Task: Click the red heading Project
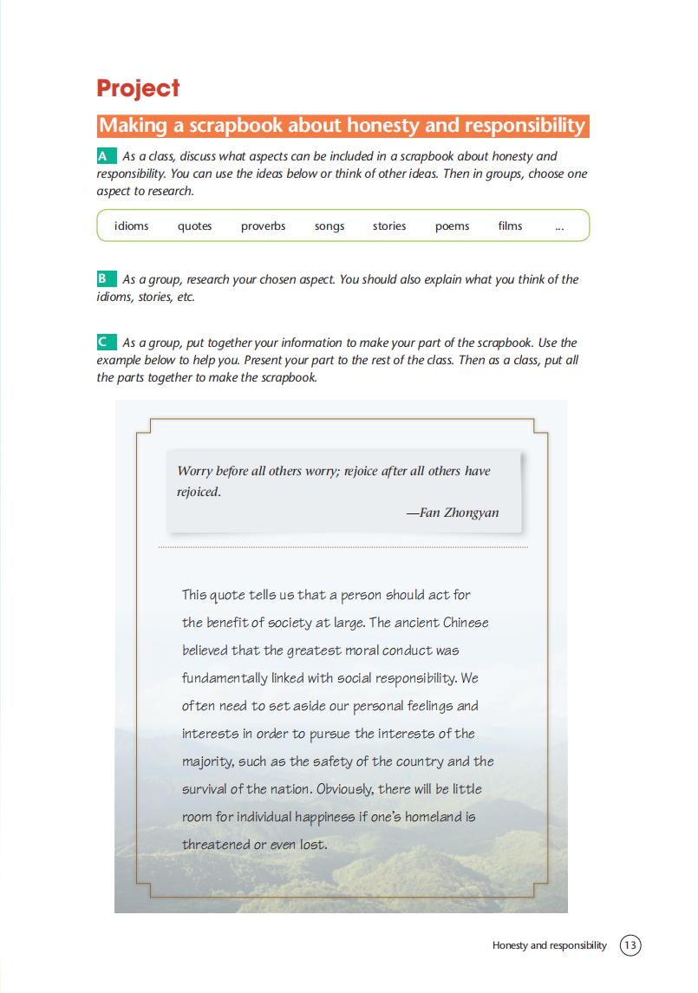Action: point(138,88)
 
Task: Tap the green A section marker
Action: point(105,156)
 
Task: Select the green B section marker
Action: point(105,279)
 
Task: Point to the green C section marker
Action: point(105,343)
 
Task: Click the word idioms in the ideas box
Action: point(131,225)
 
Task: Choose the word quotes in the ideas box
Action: point(194,225)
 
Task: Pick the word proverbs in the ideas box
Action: point(263,225)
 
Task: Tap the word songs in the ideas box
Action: point(329,225)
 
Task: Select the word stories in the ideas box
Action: point(389,225)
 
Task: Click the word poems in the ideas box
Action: point(452,225)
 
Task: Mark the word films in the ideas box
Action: point(510,225)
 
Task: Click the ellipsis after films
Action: point(558,227)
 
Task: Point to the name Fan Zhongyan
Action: point(459,513)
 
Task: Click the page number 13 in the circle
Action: point(630,945)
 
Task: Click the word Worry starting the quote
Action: point(195,471)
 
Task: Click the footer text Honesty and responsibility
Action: point(549,945)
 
